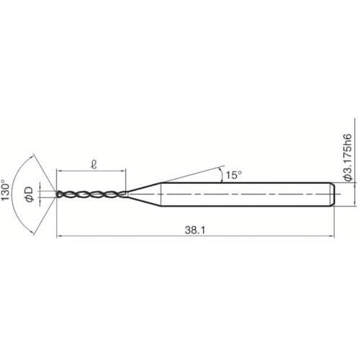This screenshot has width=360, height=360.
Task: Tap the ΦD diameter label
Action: click(x=29, y=194)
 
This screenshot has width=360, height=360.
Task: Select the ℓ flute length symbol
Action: click(x=94, y=165)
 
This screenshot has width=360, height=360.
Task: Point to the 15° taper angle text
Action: click(x=233, y=175)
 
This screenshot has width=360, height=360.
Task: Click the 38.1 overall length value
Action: click(x=195, y=230)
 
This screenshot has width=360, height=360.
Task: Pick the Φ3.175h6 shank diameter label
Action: click(x=348, y=158)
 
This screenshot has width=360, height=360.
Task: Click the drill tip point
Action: click(x=56, y=194)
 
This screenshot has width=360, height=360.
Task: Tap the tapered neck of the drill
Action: click(x=143, y=194)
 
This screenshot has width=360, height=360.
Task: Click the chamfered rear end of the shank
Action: click(x=332, y=194)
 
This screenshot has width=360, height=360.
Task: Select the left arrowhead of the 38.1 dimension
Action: click(x=58, y=236)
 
